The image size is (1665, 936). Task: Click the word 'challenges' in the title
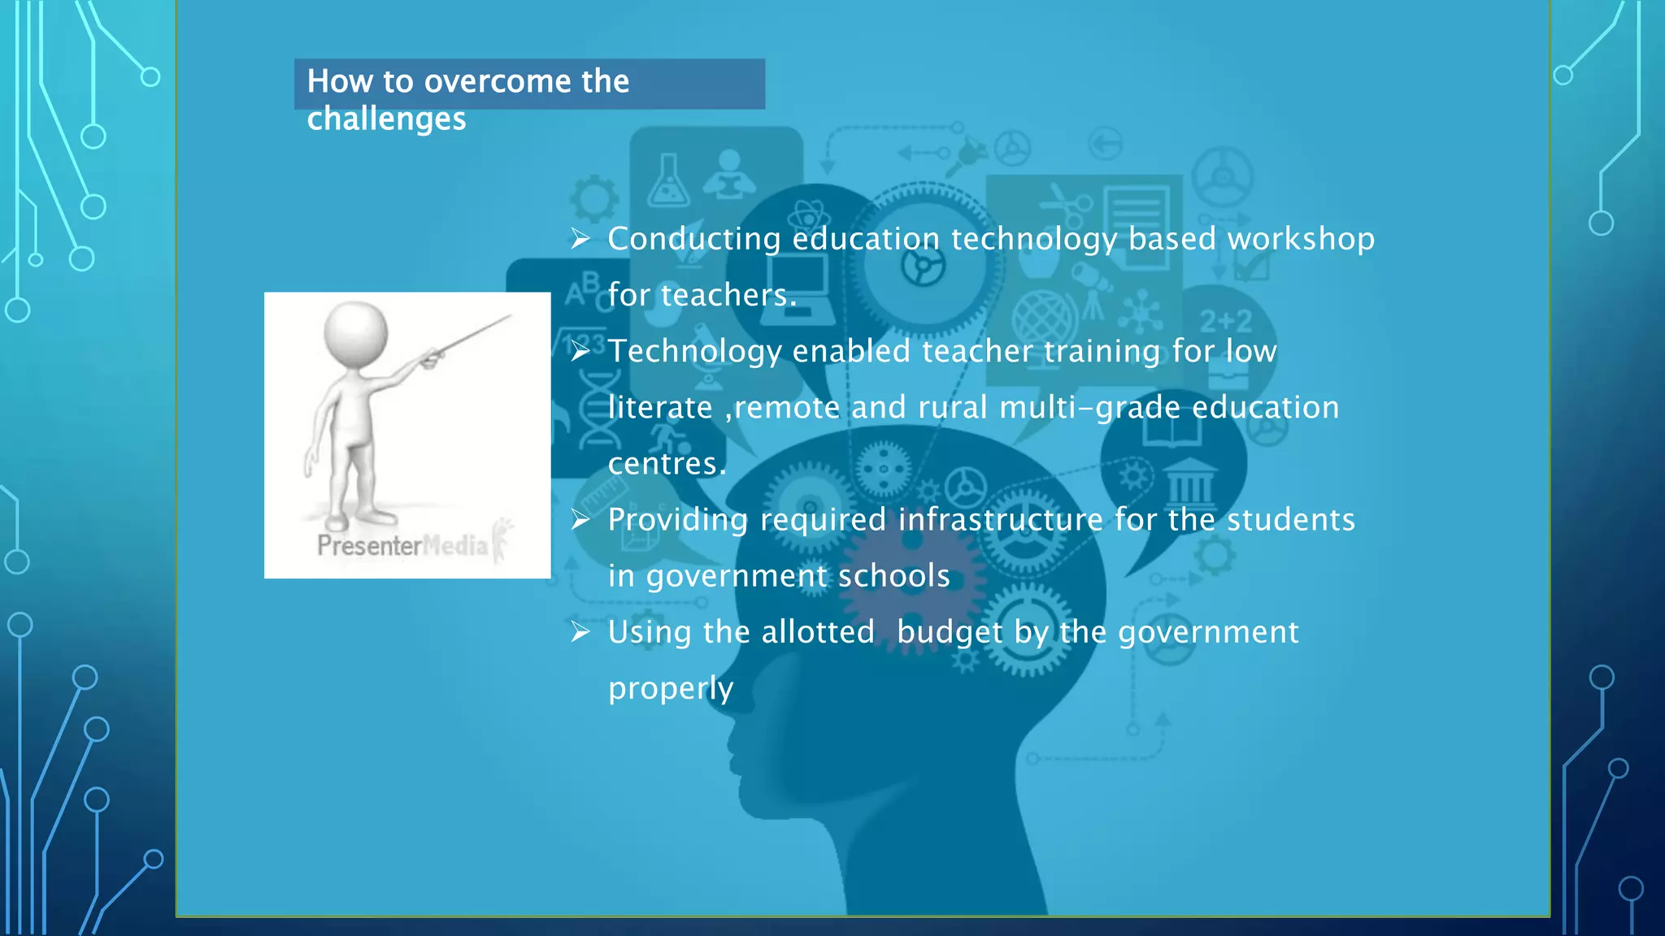(386, 119)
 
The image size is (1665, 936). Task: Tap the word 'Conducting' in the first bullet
(694, 239)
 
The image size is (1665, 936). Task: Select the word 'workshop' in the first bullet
(1301, 239)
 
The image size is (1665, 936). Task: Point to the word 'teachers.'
(728, 295)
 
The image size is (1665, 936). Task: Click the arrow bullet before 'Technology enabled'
(580, 351)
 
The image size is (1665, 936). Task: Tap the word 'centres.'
(667, 463)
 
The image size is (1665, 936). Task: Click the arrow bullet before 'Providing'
(580, 519)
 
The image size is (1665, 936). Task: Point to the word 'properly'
(671, 688)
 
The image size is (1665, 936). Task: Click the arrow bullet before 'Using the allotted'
(580, 632)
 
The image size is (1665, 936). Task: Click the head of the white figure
(355, 335)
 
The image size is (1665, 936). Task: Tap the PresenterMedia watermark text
(402, 545)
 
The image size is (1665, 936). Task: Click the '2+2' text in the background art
(1225, 322)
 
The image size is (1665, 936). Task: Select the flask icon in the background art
(668, 182)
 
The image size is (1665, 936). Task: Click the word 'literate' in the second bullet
(660, 407)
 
